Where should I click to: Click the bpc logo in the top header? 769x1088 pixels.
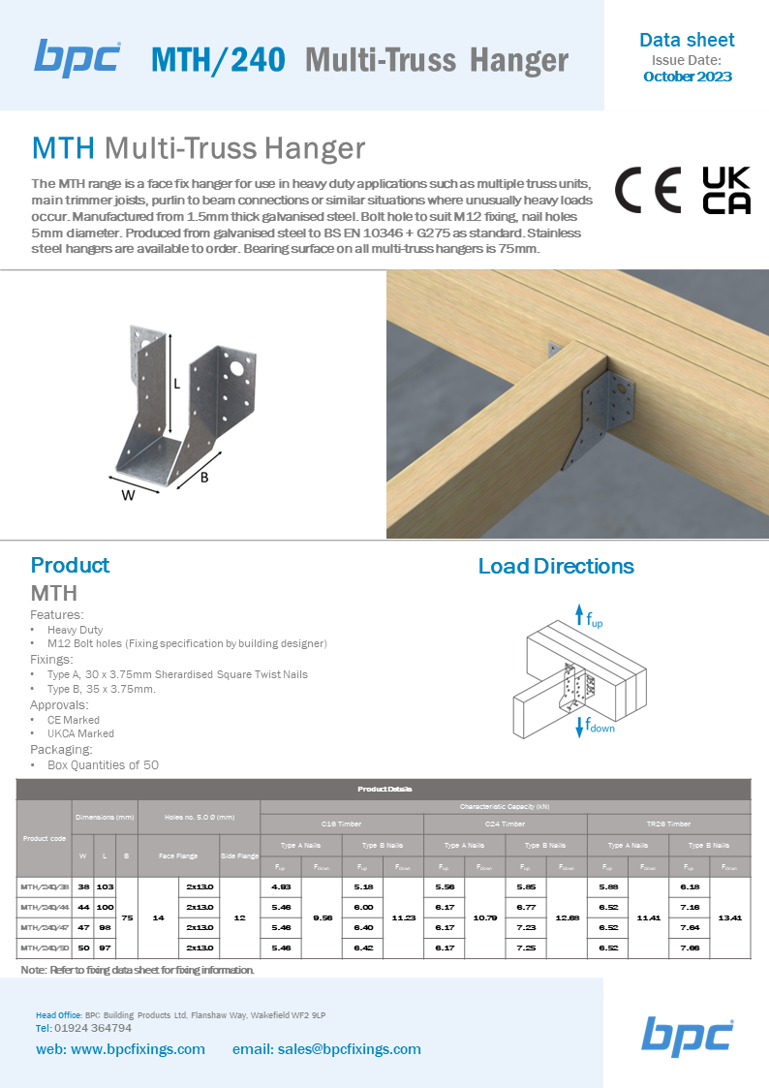[x=77, y=57]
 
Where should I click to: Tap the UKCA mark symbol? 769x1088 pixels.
[x=725, y=190]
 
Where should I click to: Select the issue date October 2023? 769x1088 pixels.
[x=687, y=77]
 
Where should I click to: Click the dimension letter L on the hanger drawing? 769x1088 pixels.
[x=176, y=383]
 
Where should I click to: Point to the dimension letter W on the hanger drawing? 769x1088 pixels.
[x=128, y=496]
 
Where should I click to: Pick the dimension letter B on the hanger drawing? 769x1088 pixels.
[x=204, y=477]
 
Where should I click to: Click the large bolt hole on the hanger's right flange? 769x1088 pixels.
[x=235, y=367]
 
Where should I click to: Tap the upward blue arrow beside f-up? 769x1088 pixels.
[x=579, y=614]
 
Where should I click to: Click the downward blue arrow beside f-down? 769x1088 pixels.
[x=578, y=726]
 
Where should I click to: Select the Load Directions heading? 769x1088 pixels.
[x=556, y=566]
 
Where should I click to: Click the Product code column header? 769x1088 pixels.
[x=45, y=838]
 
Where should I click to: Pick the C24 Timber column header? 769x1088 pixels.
[x=505, y=824]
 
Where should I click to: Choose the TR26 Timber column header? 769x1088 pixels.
[x=668, y=824]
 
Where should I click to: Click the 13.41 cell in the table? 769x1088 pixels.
[x=730, y=917]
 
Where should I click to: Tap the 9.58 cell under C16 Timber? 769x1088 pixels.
[x=322, y=917]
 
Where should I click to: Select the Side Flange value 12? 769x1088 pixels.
[x=240, y=917]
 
